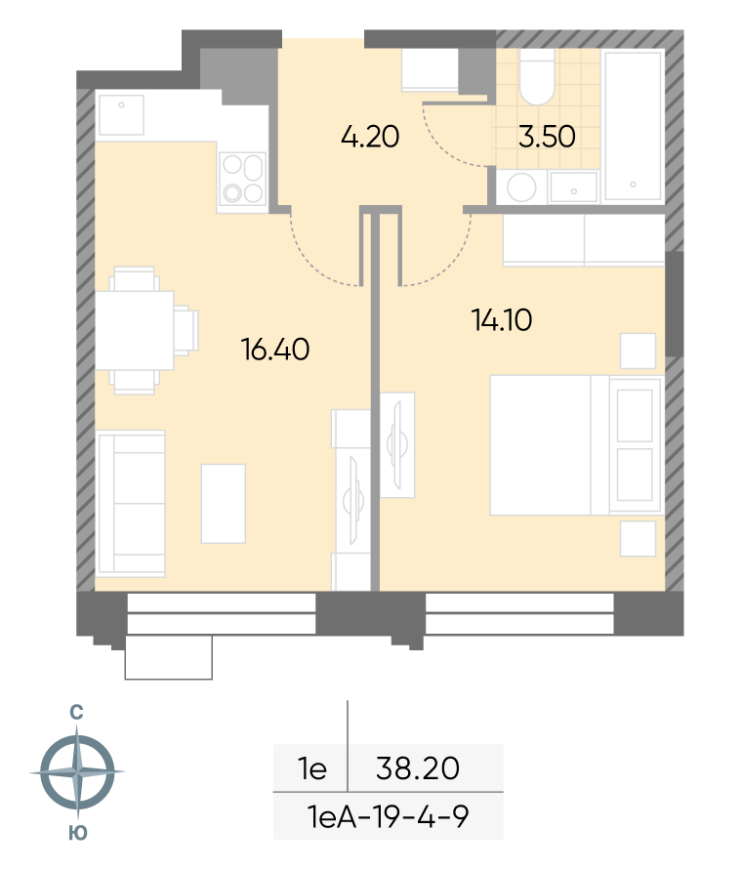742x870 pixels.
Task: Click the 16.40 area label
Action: click(x=275, y=350)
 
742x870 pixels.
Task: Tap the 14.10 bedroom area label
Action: click(x=502, y=320)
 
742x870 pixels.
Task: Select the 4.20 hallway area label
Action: click(x=370, y=137)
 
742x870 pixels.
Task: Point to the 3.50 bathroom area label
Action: click(x=547, y=137)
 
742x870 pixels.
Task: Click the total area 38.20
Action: click(x=418, y=768)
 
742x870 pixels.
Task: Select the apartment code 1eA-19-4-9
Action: click(x=388, y=816)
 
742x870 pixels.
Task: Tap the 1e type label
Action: click(x=312, y=768)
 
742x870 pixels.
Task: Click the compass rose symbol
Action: click(x=77, y=771)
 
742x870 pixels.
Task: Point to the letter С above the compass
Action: click(x=76, y=713)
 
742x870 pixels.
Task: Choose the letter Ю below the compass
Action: click(x=78, y=833)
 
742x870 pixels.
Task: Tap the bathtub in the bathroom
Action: click(x=634, y=125)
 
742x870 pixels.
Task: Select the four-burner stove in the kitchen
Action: click(x=242, y=178)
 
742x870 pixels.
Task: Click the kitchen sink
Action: click(x=121, y=115)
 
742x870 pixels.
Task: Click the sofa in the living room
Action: click(x=131, y=503)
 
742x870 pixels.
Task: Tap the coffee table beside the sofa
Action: click(x=224, y=503)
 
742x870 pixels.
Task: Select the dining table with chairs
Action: click(x=146, y=331)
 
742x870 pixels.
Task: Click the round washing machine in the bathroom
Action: click(x=521, y=187)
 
